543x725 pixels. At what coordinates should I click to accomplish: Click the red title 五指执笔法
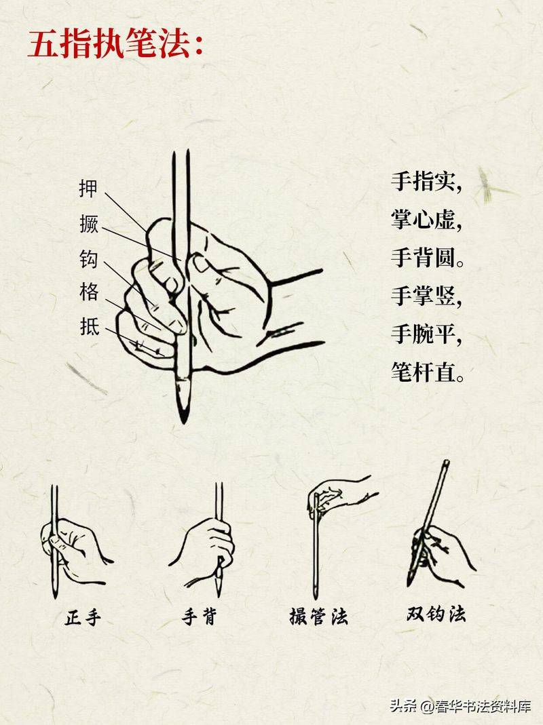point(116,44)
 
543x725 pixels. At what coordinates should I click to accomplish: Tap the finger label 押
point(88,188)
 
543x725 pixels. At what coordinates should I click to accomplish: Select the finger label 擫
point(89,223)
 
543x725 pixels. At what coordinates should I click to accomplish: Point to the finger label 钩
point(89,258)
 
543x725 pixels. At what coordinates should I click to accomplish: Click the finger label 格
point(89,292)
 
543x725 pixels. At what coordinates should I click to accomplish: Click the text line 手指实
point(426,181)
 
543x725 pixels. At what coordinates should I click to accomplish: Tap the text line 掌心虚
point(426,219)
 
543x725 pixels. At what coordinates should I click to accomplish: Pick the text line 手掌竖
point(426,296)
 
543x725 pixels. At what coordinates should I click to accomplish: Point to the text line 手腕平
point(426,334)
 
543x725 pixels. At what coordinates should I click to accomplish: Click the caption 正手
point(83,617)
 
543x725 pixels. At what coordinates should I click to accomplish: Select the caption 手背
point(199,617)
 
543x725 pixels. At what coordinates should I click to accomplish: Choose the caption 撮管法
point(318,616)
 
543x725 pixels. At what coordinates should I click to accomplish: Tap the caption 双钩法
point(436,614)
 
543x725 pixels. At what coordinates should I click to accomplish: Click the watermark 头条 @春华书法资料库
point(460,706)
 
